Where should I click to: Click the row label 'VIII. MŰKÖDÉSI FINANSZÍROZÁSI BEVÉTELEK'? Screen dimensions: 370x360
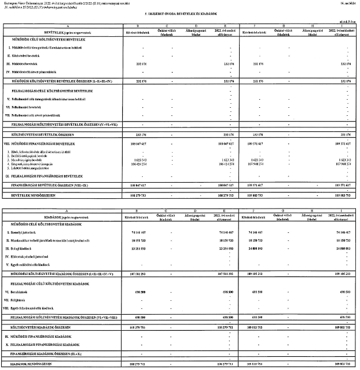point(38,142)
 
